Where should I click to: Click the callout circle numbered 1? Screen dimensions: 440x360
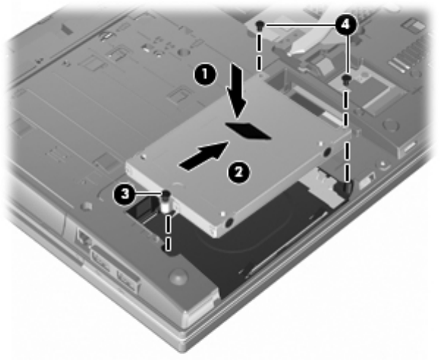(x=205, y=75)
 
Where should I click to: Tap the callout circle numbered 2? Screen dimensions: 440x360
(x=238, y=172)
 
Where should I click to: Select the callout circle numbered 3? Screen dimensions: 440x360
(x=124, y=194)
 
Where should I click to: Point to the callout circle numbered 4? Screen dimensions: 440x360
(x=346, y=26)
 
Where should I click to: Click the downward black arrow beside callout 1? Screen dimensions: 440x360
(x=236, y=91)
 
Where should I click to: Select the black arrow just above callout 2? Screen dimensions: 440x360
(x=204, y=156)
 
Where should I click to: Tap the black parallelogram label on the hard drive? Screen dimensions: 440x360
(x=248, y=131)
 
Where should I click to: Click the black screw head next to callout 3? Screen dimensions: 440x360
(x=166, y=194)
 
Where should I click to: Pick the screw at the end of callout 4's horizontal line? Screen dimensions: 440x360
(x=260, y=26)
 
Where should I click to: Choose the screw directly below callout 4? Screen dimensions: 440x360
(x=346, y=79)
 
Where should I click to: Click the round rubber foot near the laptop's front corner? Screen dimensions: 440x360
(x=178, y=276)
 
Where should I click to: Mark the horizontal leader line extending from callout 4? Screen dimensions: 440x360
(x=300, y=26)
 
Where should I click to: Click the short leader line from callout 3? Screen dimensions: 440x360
(x=148, y=194)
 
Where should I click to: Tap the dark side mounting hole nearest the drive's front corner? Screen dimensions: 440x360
(x=229, y=222)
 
